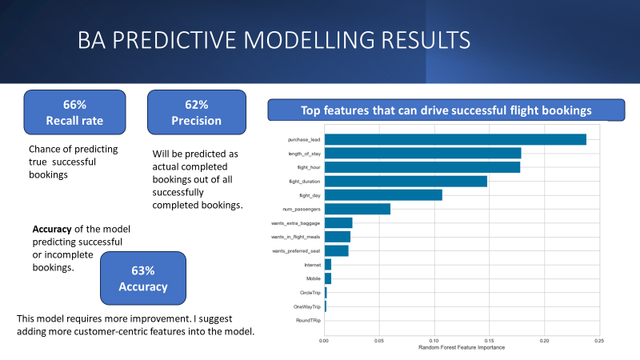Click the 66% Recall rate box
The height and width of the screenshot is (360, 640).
pyautogui.click(x=74, y=113)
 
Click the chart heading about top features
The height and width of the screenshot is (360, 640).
pyautogui.click(x=446, y=110)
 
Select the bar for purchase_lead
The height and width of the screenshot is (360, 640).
pyautogui.click(x=454, y=139)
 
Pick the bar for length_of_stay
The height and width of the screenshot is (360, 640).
pyautogui.click(x=422, y=153)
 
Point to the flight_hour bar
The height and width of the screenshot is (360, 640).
pyautogui.click(x=422, y=167)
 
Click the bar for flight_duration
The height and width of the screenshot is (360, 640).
pyautogui.click(x=405, y=181)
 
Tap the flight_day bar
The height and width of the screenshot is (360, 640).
pyautogui.click(x=382, y=194)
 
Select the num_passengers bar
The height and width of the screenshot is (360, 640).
pyautogui.click(x=357, y=209)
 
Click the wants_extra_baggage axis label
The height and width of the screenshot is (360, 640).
pyautogui.click(x=296, y=223)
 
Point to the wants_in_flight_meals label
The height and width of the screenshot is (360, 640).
pyautogui.click(x=296, y=237)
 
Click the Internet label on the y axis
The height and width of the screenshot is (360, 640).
pyautogui.click(x=311, y=265)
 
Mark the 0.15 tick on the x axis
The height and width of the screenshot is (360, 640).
pyautogui.click(x=489, y=341)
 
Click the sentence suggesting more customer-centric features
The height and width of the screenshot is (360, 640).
pyautogui.click(x=135, y=326)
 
